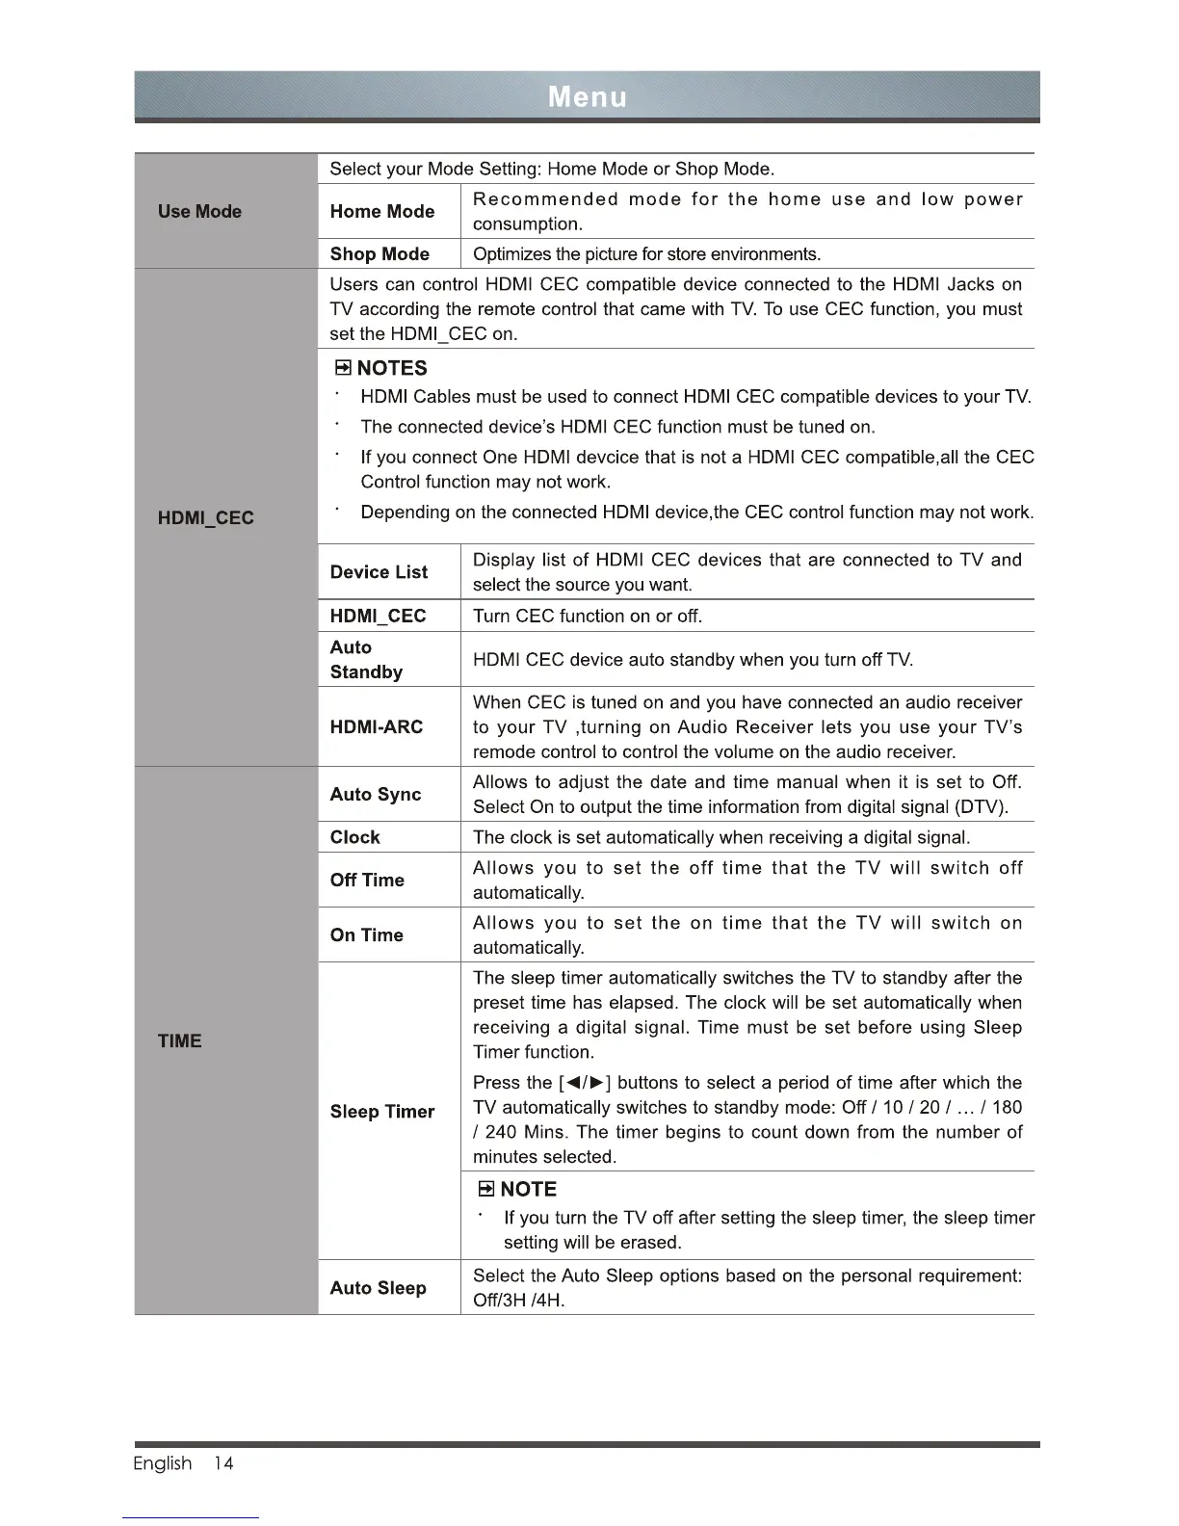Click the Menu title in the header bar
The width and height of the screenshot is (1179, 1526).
click(x=587, y=97)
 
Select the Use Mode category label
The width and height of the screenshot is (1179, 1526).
click(x=199, y=212)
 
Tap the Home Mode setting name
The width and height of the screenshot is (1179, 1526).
click(x=381, y=212)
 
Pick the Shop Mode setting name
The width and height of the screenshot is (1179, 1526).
click(x=380, y=254)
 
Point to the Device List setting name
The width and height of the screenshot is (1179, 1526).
click(x=379, y=572)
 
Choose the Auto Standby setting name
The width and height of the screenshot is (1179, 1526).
click(x=366, y=660)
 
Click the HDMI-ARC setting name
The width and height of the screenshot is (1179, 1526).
click(x=376, y=727)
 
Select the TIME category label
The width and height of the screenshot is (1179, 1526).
click(x=180, y=1041)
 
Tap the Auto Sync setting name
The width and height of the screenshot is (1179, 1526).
click(x=375, y=795)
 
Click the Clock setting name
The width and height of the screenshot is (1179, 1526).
click(x=354, y=837)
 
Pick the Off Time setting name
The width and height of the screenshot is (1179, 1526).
click(x=366, y=881)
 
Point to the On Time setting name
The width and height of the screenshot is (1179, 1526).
click(x=366, y=935)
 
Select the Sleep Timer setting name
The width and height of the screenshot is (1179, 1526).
click(x=381, y=1112)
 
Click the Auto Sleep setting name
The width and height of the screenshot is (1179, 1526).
click(x=378, y=1288)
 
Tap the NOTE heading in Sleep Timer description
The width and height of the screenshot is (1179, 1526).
click(x=528, y=1189)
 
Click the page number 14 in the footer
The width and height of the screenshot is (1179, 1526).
click(x=223, y=1463)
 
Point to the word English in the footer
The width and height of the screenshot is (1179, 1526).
click(x=163, y=1463)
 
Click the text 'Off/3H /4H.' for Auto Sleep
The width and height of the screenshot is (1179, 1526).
click(x=519, y=1301)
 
